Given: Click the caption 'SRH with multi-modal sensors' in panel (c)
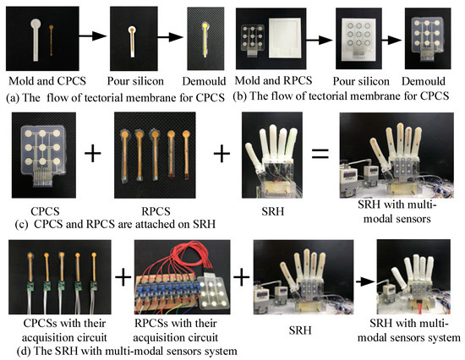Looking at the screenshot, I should (x=394, y=209).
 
